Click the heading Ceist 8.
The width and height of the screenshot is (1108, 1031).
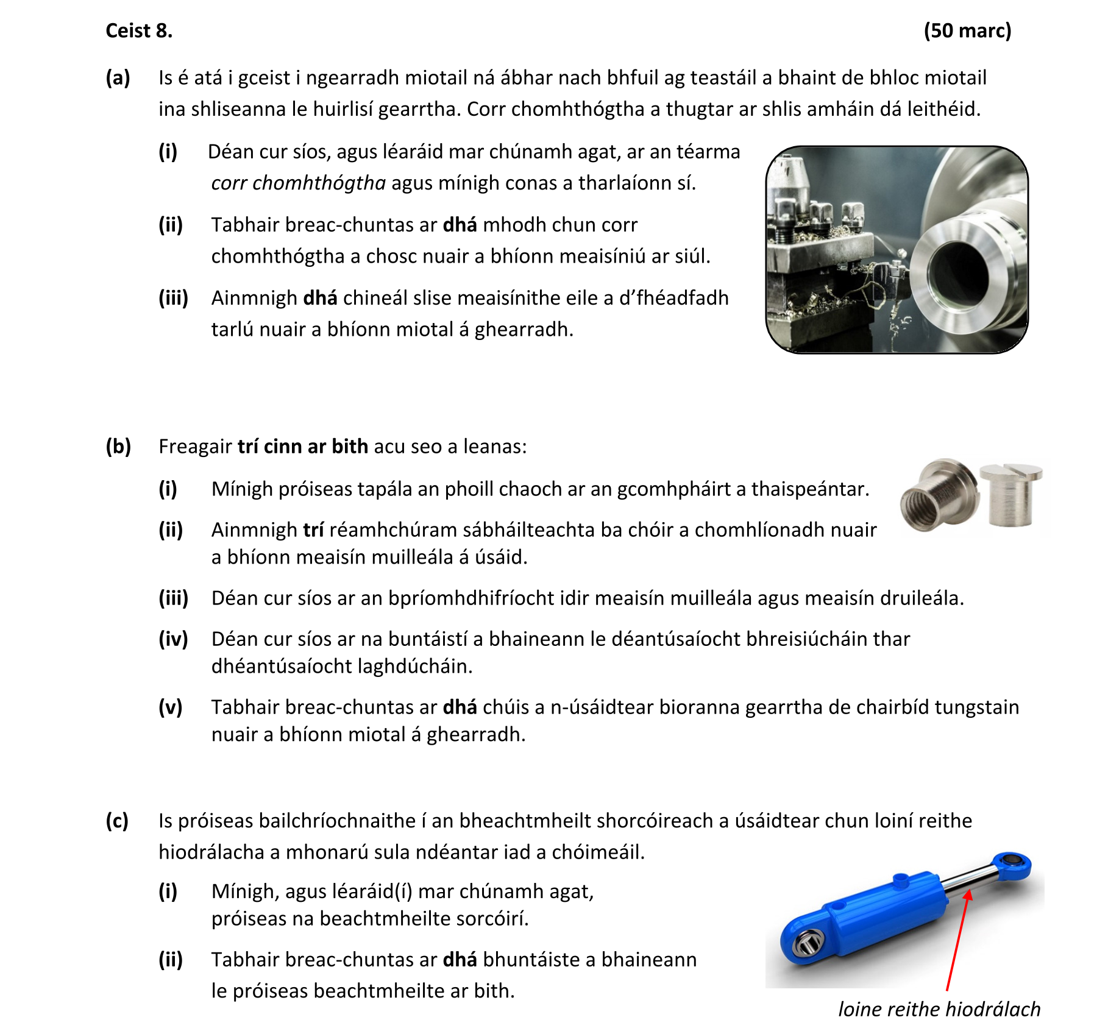[x=139, y=30]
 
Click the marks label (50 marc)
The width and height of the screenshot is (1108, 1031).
[x=967, y=30]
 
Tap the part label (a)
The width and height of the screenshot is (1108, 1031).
[x=118, y=78]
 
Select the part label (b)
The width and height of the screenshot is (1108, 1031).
[x=118, y=447]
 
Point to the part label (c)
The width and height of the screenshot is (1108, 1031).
[x=117, y=821]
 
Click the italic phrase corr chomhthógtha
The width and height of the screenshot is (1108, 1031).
[x=298, y=183]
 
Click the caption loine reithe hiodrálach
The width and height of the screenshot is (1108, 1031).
[x=939, y=1009]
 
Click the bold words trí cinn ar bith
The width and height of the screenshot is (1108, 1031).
[x=302, y=447]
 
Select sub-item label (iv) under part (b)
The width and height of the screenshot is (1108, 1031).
[x=173, y=639]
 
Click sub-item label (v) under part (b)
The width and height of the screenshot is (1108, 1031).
[x=171, y=707]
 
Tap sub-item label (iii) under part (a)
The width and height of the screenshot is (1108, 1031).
[x=173, y=298]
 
